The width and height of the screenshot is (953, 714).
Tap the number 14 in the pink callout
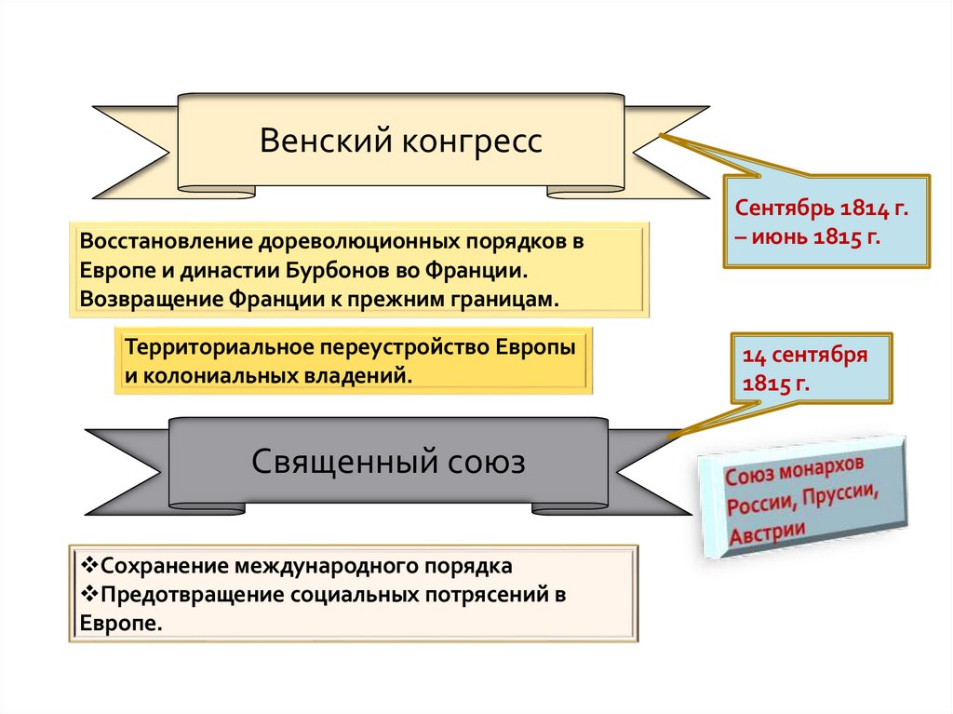tap(752, 356)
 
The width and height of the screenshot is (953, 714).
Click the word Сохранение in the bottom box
tap(165, 566)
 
